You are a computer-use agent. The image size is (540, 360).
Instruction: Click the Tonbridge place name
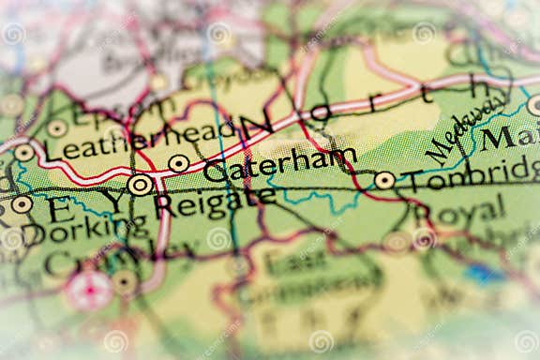[x=470, y=176]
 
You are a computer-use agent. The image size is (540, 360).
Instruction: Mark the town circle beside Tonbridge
[x=384, y=180]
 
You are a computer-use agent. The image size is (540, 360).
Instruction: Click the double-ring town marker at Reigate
[x=140, y=185]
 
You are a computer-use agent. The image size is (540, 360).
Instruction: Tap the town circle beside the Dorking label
[x=22, y=203]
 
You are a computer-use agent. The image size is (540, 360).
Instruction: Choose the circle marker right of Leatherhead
[x=179, y=163]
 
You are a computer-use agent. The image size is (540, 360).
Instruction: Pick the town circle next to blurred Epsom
[x=57, y=127]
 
